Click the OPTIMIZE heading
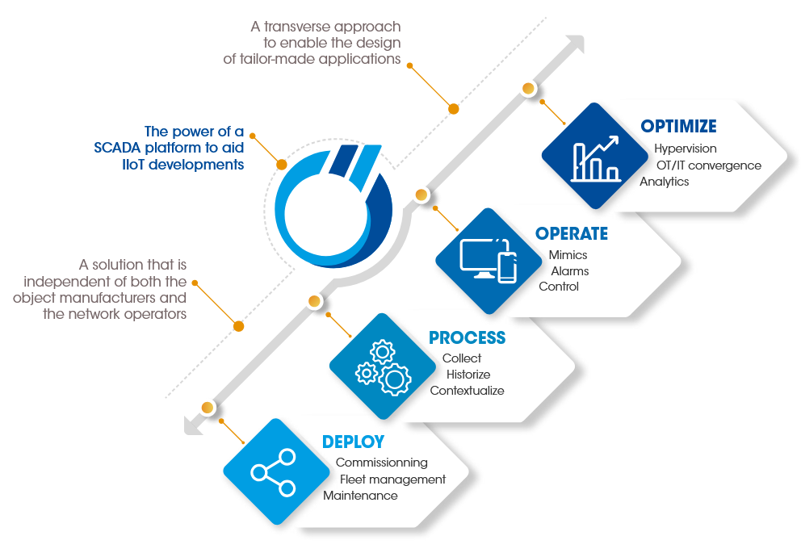pos(678,127)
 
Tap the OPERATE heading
pos(571,234)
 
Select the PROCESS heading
pos(467,337)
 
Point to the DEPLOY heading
pos(353,442)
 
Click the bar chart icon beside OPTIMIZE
pos(595,157)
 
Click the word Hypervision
pos(685,149)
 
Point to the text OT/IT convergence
pos(708,165)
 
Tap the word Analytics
pos(664,182)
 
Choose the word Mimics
pos(568,255)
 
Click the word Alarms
pos(569,271)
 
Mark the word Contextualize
pos(467,391)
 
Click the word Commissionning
pos(381,463)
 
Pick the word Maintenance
pos(360,496)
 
